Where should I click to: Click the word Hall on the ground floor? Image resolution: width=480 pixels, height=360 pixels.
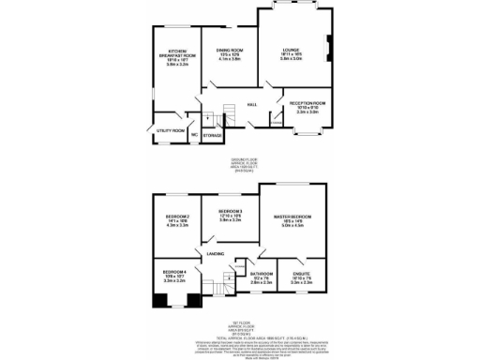pos(252,105)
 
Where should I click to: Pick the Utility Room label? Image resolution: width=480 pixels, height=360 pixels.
pos(170,130)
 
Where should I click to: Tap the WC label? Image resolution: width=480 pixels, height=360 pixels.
pos(194,135)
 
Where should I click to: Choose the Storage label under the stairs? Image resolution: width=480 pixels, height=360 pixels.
pos(213,135)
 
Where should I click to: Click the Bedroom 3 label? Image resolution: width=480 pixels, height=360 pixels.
pos(231,212)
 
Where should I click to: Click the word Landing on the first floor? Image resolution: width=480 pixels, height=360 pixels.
pos(215,253)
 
